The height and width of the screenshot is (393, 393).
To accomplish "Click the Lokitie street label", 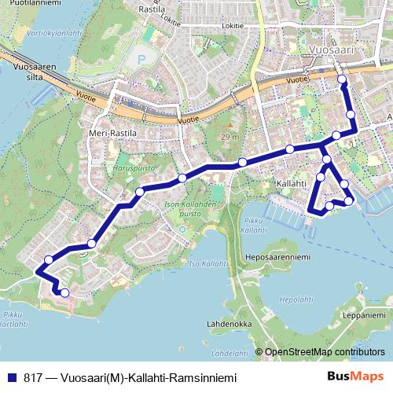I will pyautogui.click(x=233, y=24).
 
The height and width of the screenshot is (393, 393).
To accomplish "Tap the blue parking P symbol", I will pyautogui.click(x=140, y=59).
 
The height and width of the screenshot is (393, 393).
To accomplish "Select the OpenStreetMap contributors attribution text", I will pyautogui.click(x=325, y=352).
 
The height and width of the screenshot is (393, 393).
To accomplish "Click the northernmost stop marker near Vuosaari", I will pyautogui.click(x=341, y=79).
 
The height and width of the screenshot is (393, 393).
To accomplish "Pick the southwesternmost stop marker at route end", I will pyautogui.click(x=64, y=292).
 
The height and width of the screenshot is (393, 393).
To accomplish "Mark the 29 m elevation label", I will pyautogui.click(x=230, y=138).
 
